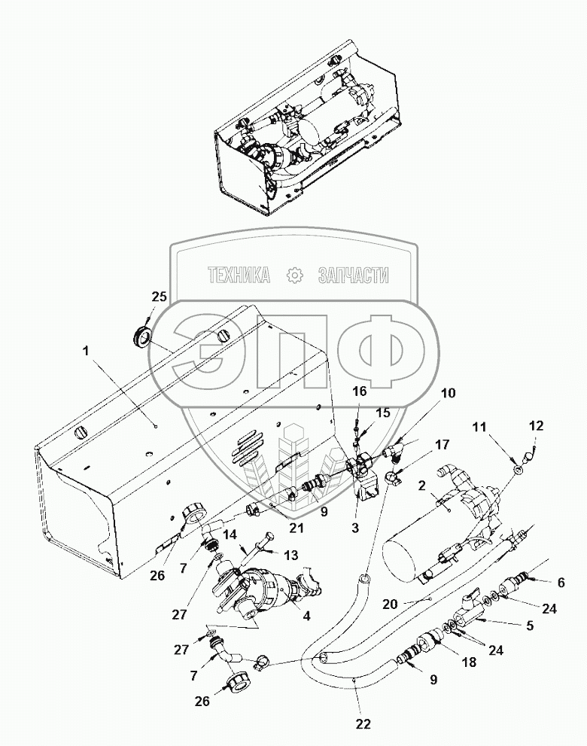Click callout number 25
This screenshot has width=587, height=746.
[x=158, y=298]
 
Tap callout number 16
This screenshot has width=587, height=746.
[x=360, y=391]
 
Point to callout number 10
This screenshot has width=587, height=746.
[x=448, y=393]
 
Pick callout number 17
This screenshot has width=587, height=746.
[x=442, y=443]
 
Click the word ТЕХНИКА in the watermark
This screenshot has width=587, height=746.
[x=239, y=276]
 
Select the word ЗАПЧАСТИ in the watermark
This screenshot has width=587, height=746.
[x=354, y=276]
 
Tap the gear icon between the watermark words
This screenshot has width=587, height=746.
[x=294, y=276]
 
